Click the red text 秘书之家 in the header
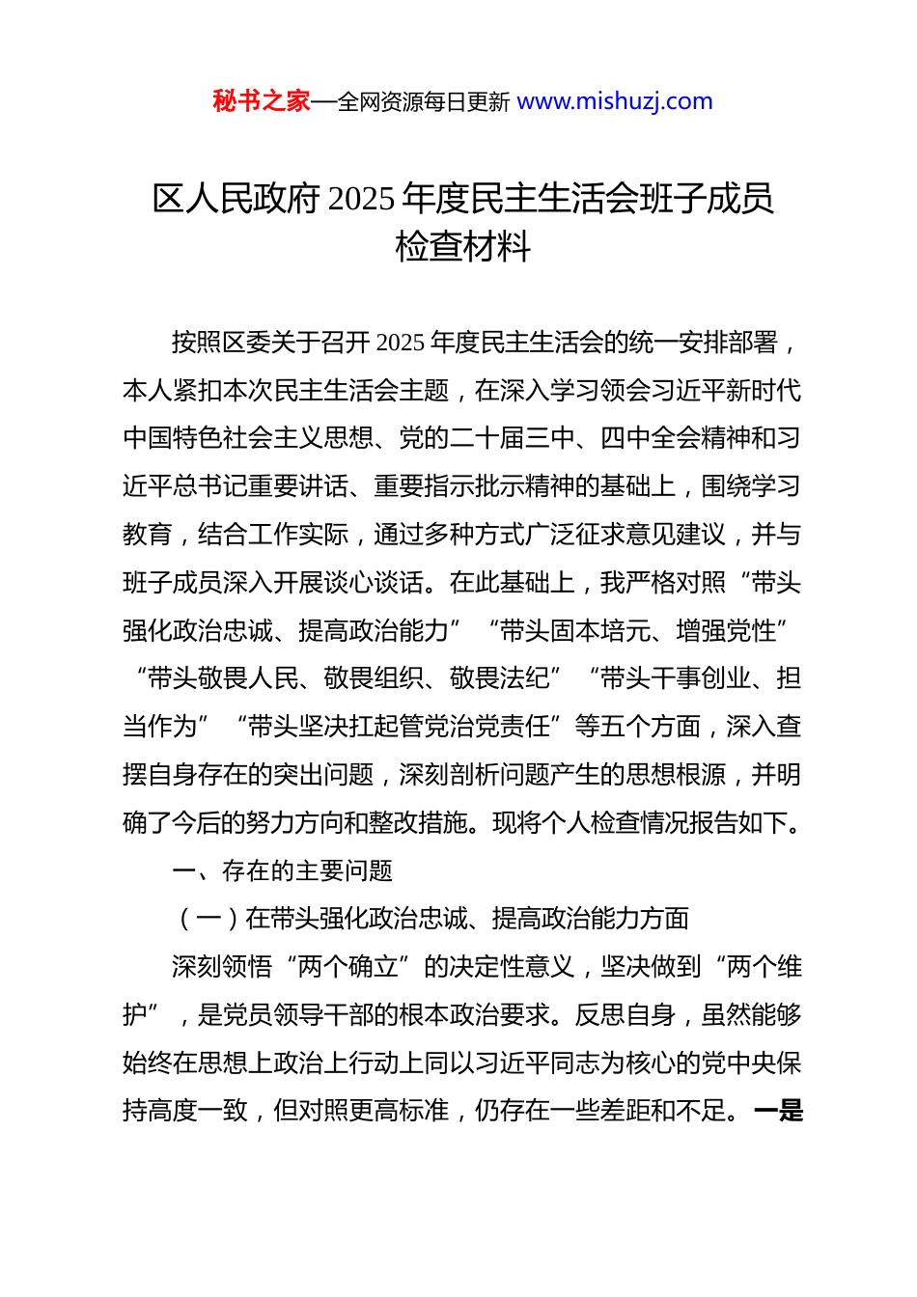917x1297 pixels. point(261,101)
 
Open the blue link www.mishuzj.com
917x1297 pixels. point(614,101)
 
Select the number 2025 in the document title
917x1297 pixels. point(361,199)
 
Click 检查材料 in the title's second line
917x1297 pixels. point(462,247)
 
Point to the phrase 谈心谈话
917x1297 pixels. point(373,583)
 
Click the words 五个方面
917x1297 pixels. point(650,727)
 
